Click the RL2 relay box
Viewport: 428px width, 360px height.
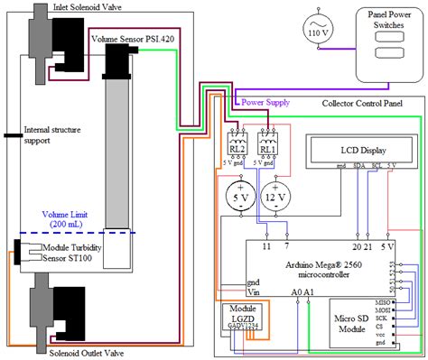coord(237,145)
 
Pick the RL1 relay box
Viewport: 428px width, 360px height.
coord(268,145)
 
